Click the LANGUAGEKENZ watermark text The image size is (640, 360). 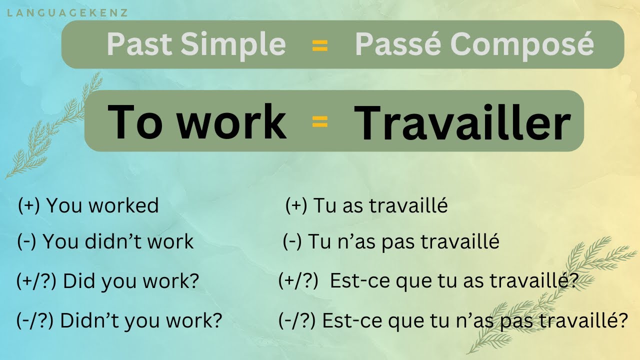(67, 12)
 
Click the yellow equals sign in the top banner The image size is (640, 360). (319, 46)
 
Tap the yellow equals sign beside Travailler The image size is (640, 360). (319, 122)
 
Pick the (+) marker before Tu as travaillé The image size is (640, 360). (296, 205)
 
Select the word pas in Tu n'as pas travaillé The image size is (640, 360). (398, 241)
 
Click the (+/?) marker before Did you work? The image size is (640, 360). (37, 281)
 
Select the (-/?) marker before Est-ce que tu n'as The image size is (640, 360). (297, 320)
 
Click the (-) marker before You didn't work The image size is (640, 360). (27, 241)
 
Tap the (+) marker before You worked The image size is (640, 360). (28, 205)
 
